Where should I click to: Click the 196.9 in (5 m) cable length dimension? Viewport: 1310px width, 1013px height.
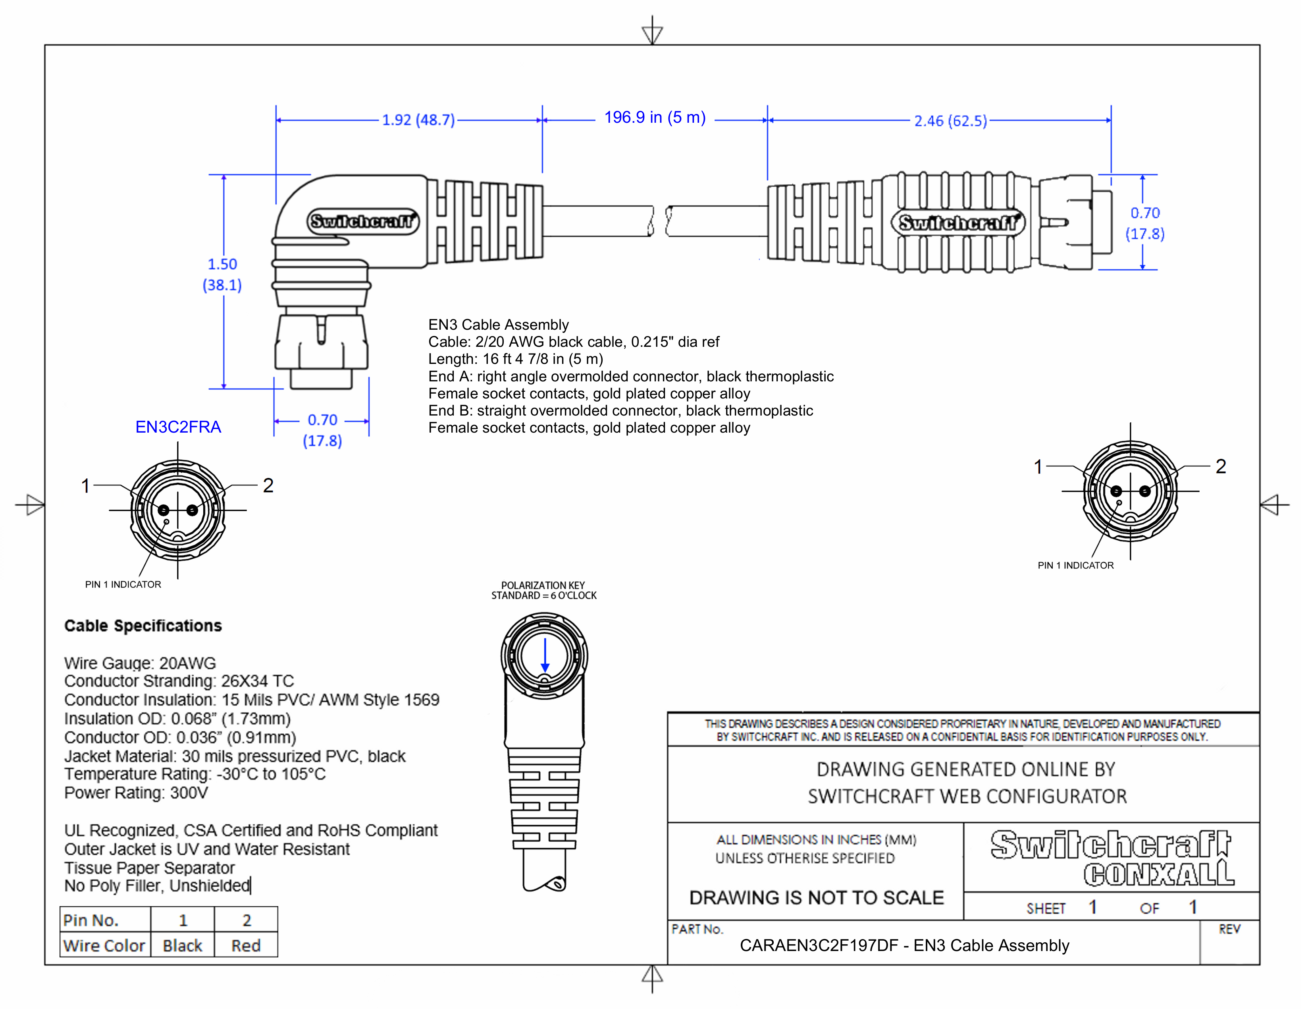click(x=654, y=117)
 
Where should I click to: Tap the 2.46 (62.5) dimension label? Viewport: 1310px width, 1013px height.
click(x=950, y=121)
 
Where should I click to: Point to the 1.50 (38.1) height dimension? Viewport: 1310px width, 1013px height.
click(x=222, y=274)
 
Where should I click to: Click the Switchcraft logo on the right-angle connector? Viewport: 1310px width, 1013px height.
click(x=362, y=221)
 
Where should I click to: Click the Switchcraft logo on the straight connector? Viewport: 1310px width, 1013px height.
click(x=958, y=222)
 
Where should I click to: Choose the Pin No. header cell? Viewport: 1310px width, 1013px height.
click(x=91, y=920)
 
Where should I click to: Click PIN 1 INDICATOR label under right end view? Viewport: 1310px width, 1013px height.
click(x=1075, y=565)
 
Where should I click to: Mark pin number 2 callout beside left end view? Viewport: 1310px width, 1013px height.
click(x=268, y=485)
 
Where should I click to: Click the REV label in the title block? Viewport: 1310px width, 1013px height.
click(x=1229, y=929)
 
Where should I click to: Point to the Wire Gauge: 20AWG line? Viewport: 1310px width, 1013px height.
click(x=140, y=663)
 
